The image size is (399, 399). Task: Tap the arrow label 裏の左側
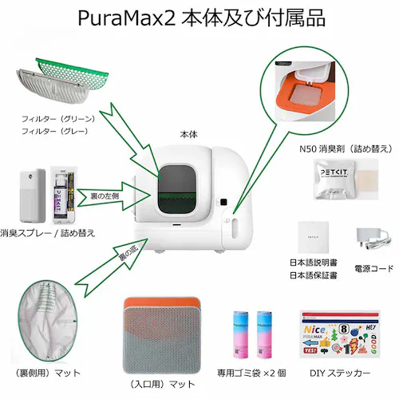[x=96, y=194]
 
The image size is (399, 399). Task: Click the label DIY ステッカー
[x=337, y=373]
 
